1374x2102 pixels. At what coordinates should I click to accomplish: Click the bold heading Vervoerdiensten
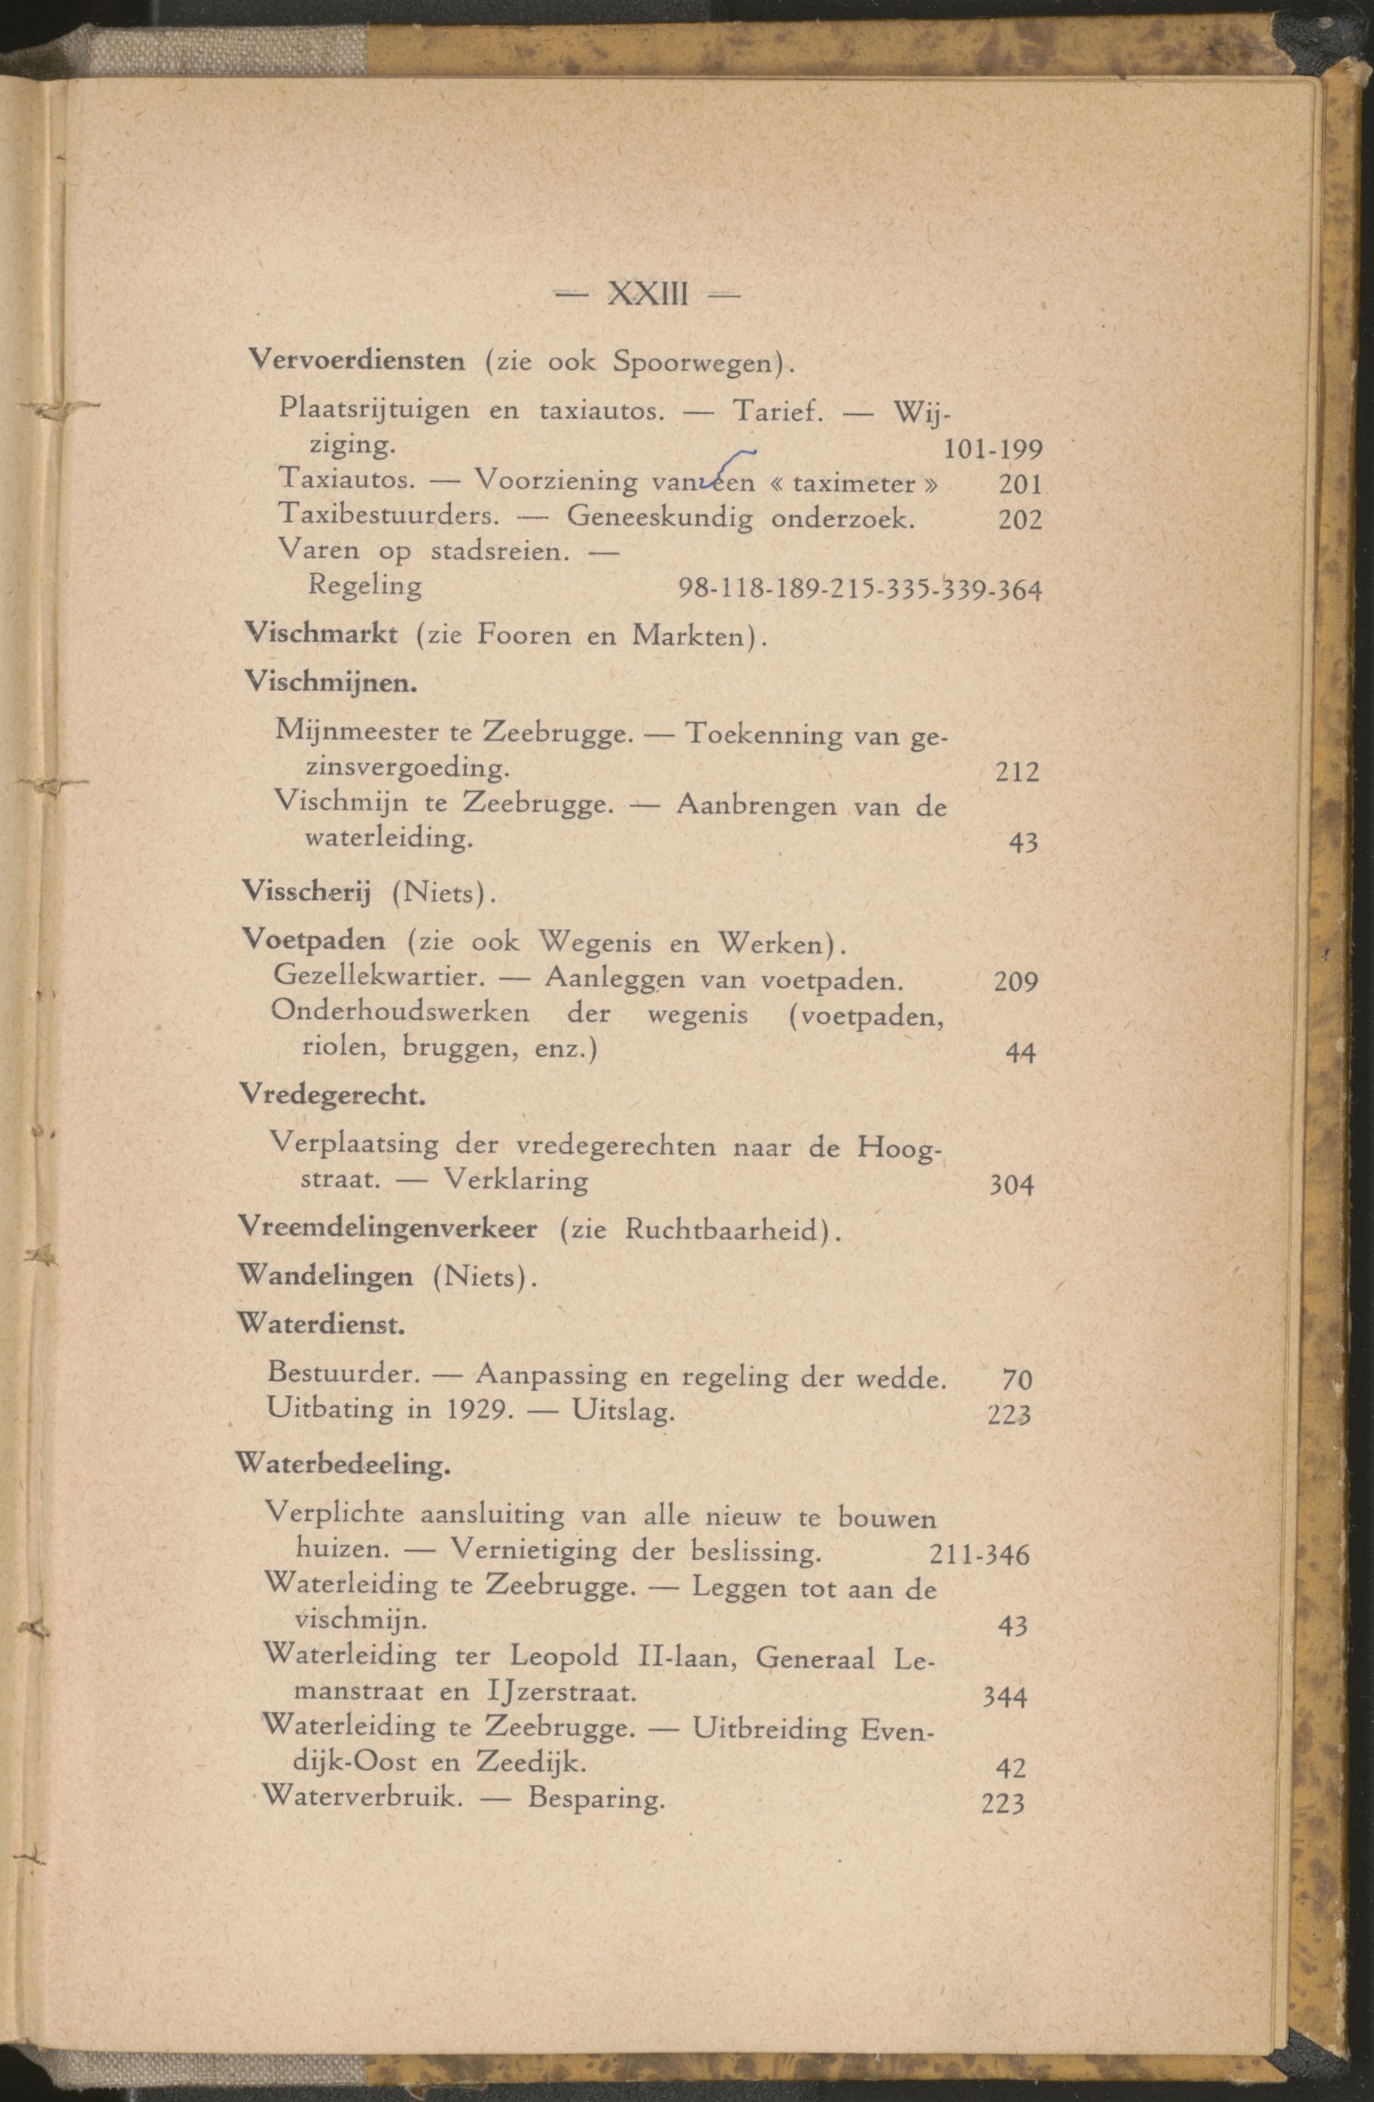tap(357, 361)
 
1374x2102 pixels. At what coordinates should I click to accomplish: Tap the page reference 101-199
tap(992, 449)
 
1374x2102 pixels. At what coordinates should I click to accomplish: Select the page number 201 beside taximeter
tap(1020, 484)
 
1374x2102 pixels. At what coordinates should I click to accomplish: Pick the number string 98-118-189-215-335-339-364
tap(859, 588)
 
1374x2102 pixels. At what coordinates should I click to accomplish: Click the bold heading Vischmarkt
tap(321, 634)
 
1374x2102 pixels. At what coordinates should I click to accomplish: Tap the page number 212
tap(1016, 772)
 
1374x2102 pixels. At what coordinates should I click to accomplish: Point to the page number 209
tap(1015, 981)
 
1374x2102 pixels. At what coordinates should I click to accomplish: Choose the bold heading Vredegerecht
tap(332, 1096)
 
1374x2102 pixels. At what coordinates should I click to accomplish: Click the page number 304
tap(1011, 1184)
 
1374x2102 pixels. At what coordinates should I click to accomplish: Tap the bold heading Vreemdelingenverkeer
tap(388, 1229)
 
